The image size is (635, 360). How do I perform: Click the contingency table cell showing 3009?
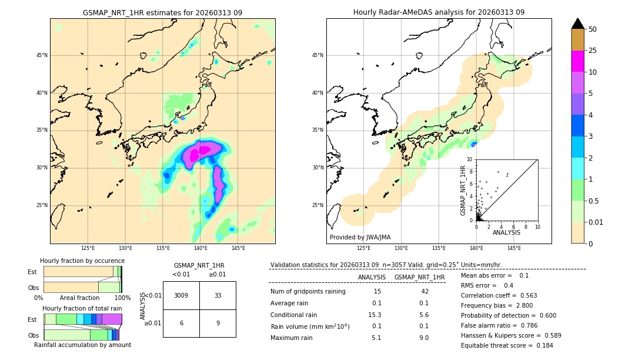tap(181, 295)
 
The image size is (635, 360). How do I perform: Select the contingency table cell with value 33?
tap(218, 295)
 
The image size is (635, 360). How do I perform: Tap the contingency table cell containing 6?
tap(181, 323)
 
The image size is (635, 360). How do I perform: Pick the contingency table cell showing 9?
tap(218, 323)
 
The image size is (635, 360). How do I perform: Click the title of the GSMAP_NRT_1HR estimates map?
tap(162, 13)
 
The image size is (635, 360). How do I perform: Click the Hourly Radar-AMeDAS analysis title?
tap(439, 12)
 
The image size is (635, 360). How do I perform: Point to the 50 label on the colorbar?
tap(593, 29)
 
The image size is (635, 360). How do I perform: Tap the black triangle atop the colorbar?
tap(578, 24)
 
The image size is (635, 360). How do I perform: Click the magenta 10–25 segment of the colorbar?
tap(578, 61)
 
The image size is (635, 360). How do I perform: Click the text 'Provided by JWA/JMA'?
tap(360, 238)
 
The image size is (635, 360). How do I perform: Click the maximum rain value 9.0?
tap(423, 338)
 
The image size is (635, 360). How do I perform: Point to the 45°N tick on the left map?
tap(42, 55)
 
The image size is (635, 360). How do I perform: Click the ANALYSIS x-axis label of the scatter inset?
tap(506, 233)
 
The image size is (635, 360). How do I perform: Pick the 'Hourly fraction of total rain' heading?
tap(82, 309)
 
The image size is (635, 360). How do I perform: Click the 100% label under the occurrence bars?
tap(122, 298)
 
